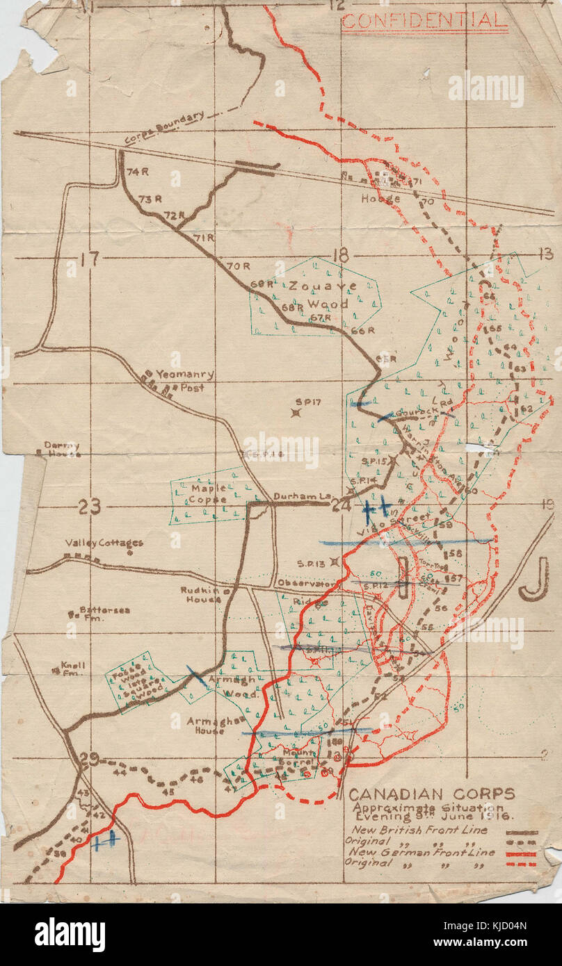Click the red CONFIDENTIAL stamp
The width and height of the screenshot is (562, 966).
424,20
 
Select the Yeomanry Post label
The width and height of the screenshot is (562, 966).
184,380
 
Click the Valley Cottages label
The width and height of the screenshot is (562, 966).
104,543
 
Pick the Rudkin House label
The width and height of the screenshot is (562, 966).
200,595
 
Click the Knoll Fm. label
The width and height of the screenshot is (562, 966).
72,668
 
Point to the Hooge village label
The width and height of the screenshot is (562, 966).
380,199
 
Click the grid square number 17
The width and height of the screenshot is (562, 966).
89,260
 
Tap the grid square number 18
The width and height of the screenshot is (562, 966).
341,256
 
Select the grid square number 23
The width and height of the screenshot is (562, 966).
89,507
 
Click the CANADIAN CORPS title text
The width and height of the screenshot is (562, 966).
431,794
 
